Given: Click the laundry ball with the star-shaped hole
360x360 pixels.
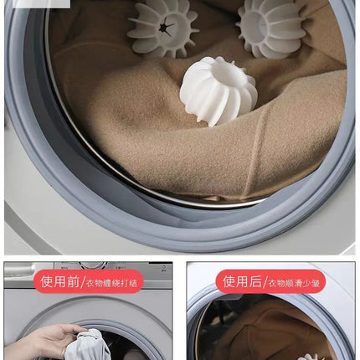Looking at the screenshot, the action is pyautogui.click(x=162, y=28).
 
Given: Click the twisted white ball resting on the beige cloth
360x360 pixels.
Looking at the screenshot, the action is pyautogui.click(x=219, y=90).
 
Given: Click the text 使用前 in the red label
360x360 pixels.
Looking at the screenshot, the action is pyautogui.click(x=59, y=281).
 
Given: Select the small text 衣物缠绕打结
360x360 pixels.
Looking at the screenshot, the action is pyautogui.click(x=111, y=284).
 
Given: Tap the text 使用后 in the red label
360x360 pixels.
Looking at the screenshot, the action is pyautogui.click(x=242, y=281).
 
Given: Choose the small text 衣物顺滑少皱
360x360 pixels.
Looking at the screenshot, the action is pyautogui.click(x=294, y=284).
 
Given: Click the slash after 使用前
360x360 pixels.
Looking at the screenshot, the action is pyautogui.click(x=83, y=282).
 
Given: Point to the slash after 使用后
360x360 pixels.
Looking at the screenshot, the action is pyautogui.click(x=265, y=282).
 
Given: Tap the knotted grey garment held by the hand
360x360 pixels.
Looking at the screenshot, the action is pyautogui.click(x=87, y=346).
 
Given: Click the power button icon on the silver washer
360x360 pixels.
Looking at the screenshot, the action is pyautogui.click(x=164, y=267).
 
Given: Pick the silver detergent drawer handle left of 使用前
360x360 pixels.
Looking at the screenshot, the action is pyautogui.click(x=19, y=270).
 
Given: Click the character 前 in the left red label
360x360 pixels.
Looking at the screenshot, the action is pyautogui.click(x=73, y=281).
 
